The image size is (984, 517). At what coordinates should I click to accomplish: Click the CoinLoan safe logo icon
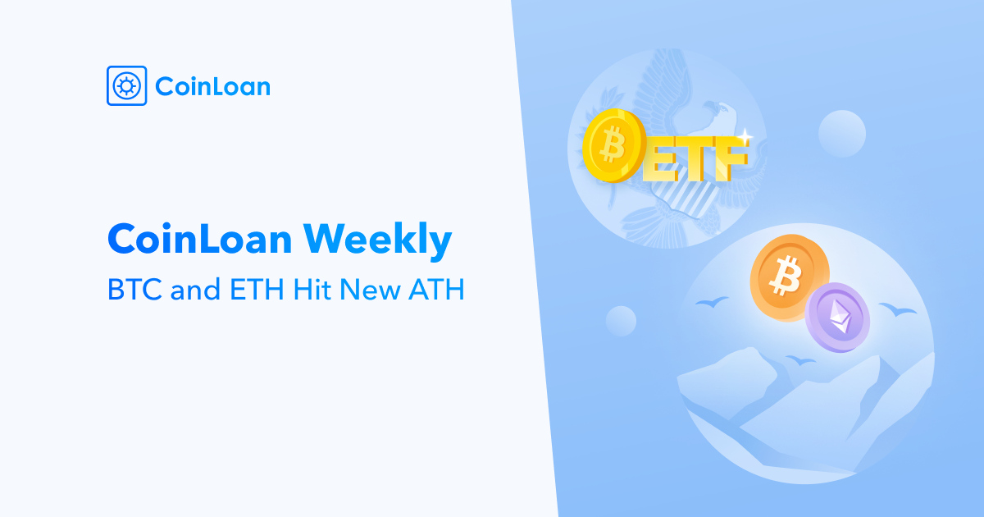[126, 85]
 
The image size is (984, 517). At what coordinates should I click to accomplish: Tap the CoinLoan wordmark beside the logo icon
[212, 86]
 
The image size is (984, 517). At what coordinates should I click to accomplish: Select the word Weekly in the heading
[377, 240]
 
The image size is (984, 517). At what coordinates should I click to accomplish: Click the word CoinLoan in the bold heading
[200, 239]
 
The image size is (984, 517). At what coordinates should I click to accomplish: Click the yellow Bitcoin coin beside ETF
[614, 145]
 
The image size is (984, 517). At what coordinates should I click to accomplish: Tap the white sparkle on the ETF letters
[745, 136]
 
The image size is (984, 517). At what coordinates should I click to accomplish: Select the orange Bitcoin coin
[789, 277]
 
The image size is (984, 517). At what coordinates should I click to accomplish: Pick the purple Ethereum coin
[837, 317]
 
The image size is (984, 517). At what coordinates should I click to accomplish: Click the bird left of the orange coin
[712, 302]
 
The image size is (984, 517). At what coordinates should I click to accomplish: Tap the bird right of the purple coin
[897, 309]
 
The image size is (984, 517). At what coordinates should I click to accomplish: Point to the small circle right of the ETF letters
[841, 134]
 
